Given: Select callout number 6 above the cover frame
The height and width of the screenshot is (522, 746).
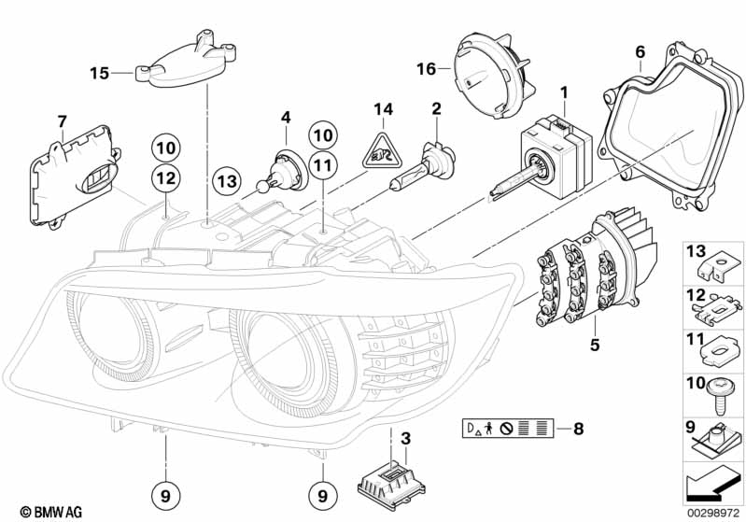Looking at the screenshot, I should click(640, 51).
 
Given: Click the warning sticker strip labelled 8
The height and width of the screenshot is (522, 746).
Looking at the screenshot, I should click(508, 430).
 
